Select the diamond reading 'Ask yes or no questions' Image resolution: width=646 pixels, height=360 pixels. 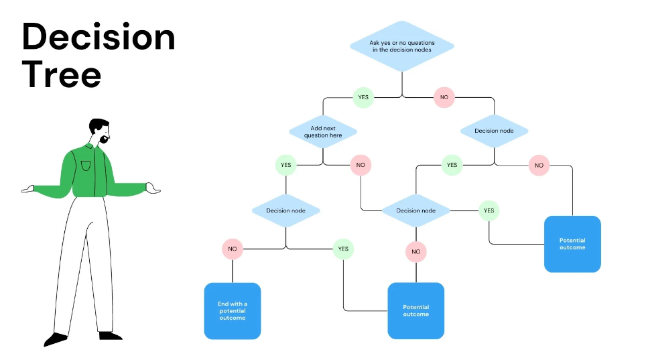tap(401, 46)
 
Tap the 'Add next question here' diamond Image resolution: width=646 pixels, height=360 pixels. tap(323, 131)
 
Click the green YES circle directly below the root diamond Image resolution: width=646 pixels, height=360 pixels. tap(363, 97)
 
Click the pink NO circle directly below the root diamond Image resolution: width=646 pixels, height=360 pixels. tap(443, 97)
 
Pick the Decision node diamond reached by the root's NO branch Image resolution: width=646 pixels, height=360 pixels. tap(494, 131)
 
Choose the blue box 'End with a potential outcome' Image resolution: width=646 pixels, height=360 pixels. tap(233, 310)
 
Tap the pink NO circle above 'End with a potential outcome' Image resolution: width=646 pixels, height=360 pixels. tap(233, 249)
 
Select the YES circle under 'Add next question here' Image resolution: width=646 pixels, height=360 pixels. tap(285, 164)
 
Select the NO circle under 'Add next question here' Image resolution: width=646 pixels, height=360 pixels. tap(361, 164)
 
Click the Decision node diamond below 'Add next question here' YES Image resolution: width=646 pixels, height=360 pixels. tap(285, 211)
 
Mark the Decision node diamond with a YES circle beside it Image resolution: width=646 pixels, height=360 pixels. tap(415, 211)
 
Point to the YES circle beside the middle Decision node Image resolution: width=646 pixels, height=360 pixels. tap(489, 211)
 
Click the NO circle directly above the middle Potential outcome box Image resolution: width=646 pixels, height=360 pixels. tap(415, 252)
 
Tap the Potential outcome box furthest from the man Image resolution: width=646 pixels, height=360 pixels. tap(572, 243)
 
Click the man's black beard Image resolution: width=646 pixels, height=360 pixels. tap(105, 139)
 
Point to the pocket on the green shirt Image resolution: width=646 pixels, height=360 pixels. tap(85, 165)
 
